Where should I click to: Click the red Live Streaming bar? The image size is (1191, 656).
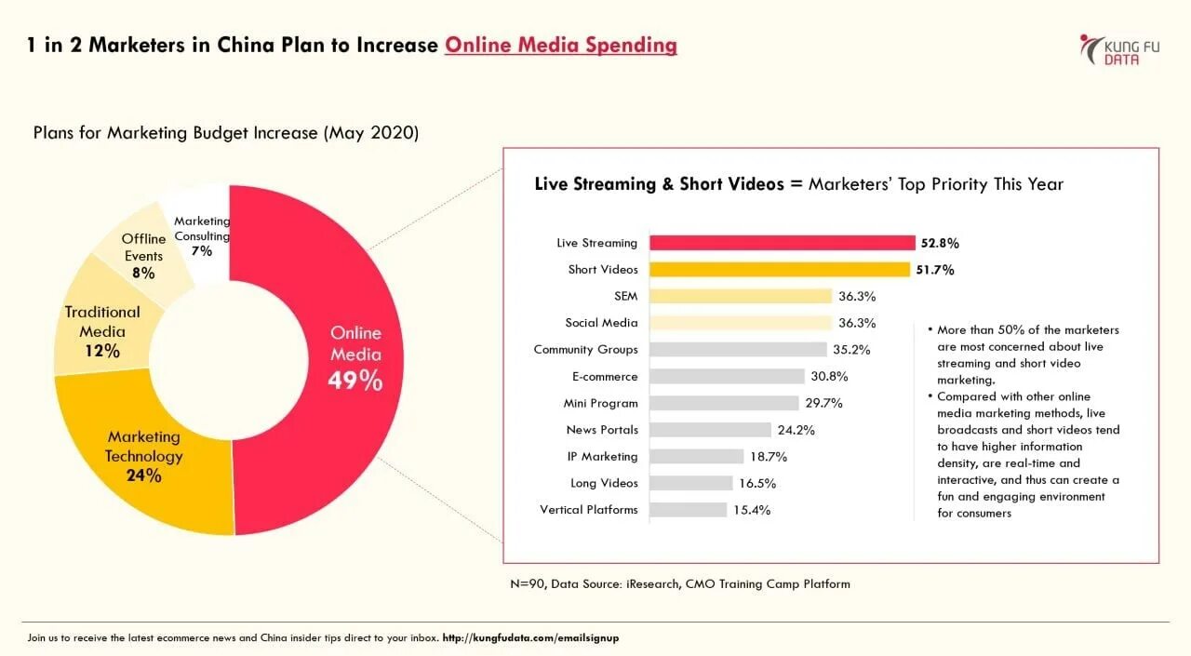(782, 243)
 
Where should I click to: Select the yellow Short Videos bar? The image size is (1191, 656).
(779, 270)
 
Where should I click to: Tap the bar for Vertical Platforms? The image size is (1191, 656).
(688, 510)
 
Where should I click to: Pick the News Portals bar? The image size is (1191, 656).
(710, 430)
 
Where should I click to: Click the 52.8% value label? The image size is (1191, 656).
(940, 243)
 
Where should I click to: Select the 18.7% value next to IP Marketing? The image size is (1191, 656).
(768, 457)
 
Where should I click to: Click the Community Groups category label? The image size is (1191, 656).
(585, 350)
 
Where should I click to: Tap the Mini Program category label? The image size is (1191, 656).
(600, 403)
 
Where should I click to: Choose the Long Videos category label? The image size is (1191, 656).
(604, 483)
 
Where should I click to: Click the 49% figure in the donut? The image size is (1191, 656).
(355, 381)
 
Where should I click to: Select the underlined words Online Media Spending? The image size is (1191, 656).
(560, 45)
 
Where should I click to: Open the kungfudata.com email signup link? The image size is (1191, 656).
(530, 638)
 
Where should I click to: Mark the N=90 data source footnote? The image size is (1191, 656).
(679, 584)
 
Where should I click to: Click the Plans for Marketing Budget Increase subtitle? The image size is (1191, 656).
(226, 133)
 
